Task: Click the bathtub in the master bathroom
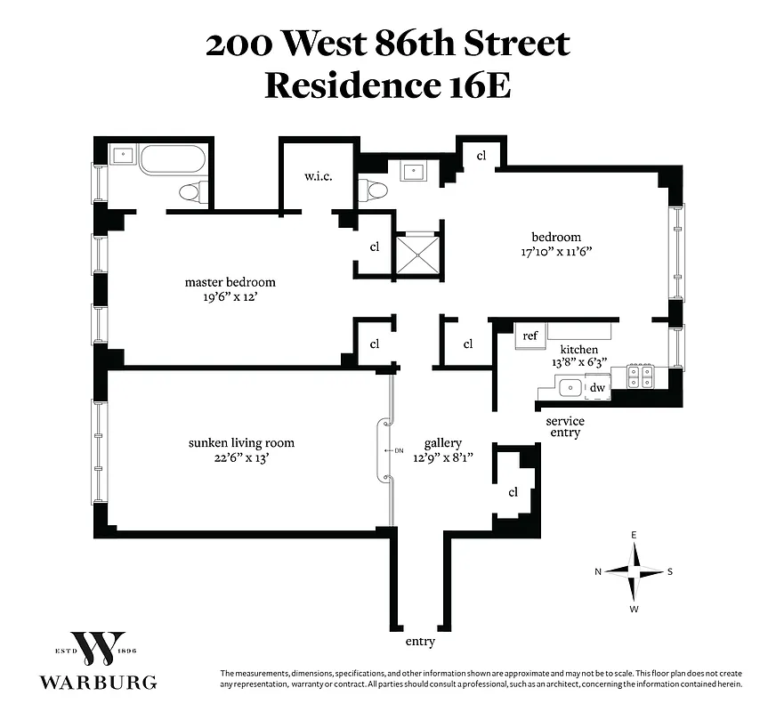(173, 159)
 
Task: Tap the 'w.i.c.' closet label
(318, 177)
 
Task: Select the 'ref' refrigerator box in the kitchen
(530, 336)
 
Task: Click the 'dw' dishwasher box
(598, 387)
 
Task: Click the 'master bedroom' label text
(230, 282)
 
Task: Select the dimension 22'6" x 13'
(240, 458)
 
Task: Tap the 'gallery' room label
(442, 442)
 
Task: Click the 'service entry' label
(565, 426)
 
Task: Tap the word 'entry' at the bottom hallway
(419, 642)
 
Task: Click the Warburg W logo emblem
(98, 652)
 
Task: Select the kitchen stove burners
(641, 377)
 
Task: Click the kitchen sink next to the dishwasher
(568, 387)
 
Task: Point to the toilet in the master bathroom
(192, 190)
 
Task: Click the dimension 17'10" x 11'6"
(556, 252)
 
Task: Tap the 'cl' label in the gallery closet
(513, 492)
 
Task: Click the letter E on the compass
(635, 535)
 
